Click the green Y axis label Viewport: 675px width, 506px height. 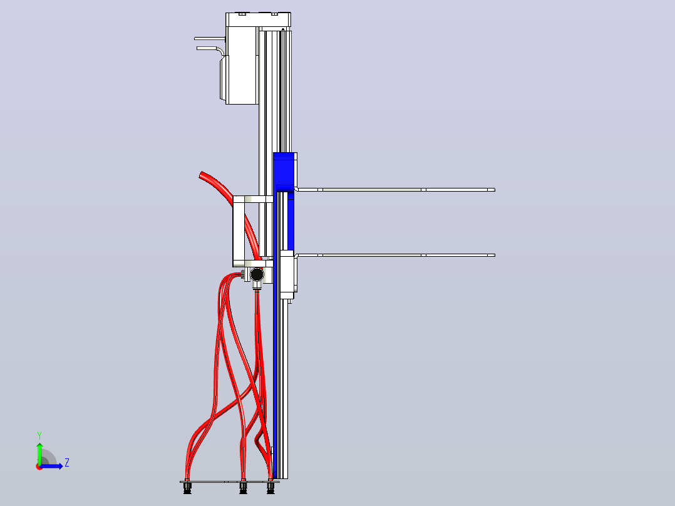[x=39, y=436]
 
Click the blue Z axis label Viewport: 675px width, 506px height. [x=67, y=463]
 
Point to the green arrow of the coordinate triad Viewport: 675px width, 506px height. [x=39, y=454]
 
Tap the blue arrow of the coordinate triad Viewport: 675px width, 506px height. [x=51, y=466]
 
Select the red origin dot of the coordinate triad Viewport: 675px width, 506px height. [x=39, y=467]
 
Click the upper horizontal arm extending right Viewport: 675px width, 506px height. [x=395, y=190]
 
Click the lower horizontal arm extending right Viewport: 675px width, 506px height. [x=395, y=255]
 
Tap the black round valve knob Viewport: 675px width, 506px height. [x=257, y=274]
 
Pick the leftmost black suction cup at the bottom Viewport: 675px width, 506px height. [x=187, y=488]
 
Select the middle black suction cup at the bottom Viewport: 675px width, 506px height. [x=243, y=488]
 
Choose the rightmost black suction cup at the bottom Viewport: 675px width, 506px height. [x=271, y=488]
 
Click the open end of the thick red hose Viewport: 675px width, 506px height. [x=202, y=175]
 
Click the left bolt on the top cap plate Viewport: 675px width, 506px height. [x=242, y=14]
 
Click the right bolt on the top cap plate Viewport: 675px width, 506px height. [x=274, y=14]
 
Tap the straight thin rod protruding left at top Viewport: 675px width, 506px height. [x=210, y=39]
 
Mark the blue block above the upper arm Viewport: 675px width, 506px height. [x=284, y=169]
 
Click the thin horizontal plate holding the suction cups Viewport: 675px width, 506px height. [x=230, y=482]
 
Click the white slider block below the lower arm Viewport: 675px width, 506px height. [x=287, y=275]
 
